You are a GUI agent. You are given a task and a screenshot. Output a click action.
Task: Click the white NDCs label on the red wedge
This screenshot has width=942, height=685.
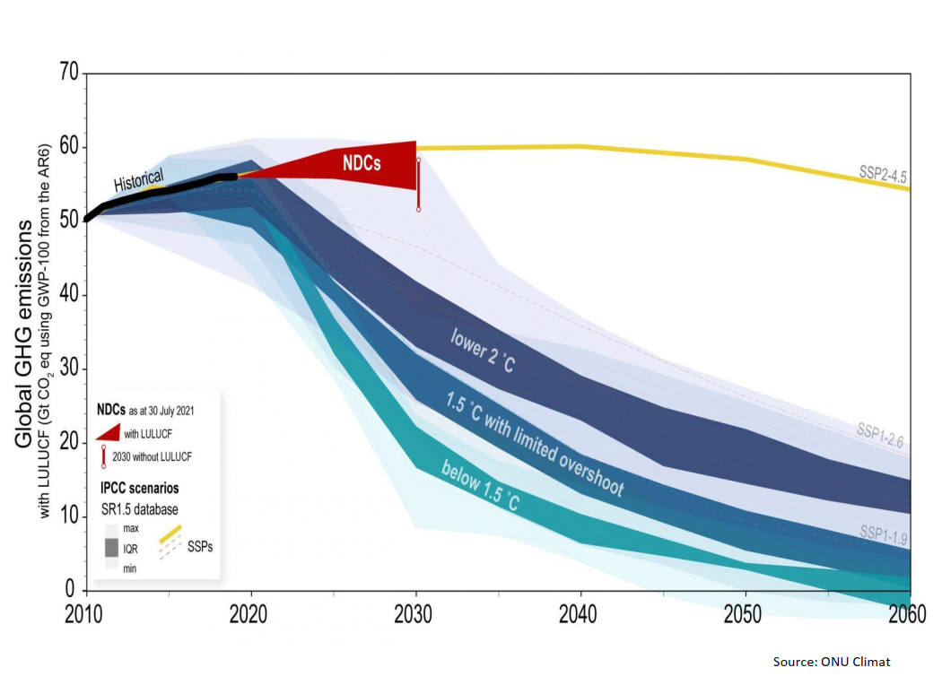tap(363, 163)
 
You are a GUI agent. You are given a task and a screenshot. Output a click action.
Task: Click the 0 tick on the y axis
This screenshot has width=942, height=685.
tap(71, 589)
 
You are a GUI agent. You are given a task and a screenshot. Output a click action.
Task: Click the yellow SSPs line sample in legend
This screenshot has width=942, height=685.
tap(171, 535)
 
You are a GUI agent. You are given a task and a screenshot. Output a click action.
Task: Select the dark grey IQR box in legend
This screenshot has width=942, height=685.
tap(112, 546)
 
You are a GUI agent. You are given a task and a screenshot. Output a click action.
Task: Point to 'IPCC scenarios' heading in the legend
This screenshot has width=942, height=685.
tap(138, 490)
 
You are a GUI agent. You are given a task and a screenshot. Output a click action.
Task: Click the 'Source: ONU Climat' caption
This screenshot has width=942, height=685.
tap(832, 662)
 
